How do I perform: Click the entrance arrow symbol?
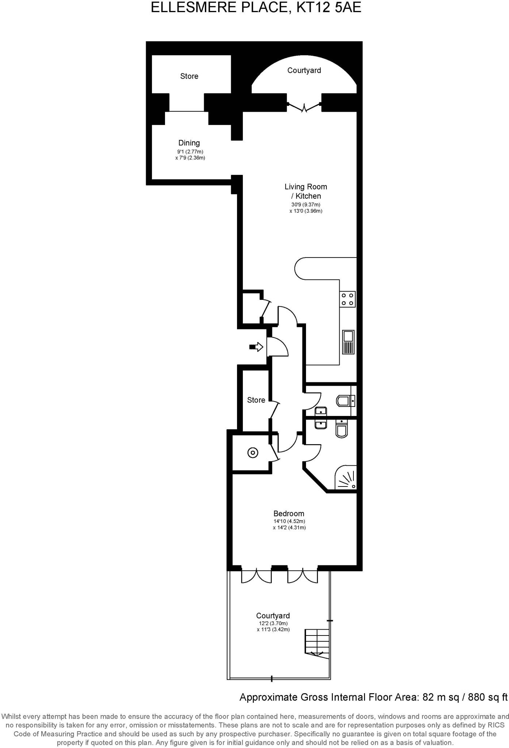pyautogui.click(x=257, y=347)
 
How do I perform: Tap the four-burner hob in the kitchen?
pyautogui.click(x=347, y=299)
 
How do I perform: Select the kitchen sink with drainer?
pyautogui.click(x=348, y=342)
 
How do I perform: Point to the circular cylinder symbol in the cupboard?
pyautogui.click(x=253, y=453)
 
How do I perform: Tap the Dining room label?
pyautogui.click(x=189, y=143)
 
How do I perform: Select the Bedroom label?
pyautogui.click(x=288, y=514)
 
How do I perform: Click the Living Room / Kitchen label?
pyautogui.click(x=306, y=191)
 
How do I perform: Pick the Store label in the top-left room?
pyautogui.click(x=189, y=76)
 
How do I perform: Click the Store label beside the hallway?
pyautogui.click(x=256, y=400)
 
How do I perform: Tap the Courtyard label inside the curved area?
pyautogui.click(x=304, y=70)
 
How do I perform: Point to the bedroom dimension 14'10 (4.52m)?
pyautogui.click(x=289, y=521)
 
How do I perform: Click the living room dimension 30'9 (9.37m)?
pyautogui.click(x=306, y=205)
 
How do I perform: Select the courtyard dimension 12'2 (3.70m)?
pyautogui.click(x=273, y=623)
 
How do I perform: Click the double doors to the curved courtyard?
pyautogui.click(x=304, y=107)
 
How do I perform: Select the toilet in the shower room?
pyautogui.click(x=342, y=429)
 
